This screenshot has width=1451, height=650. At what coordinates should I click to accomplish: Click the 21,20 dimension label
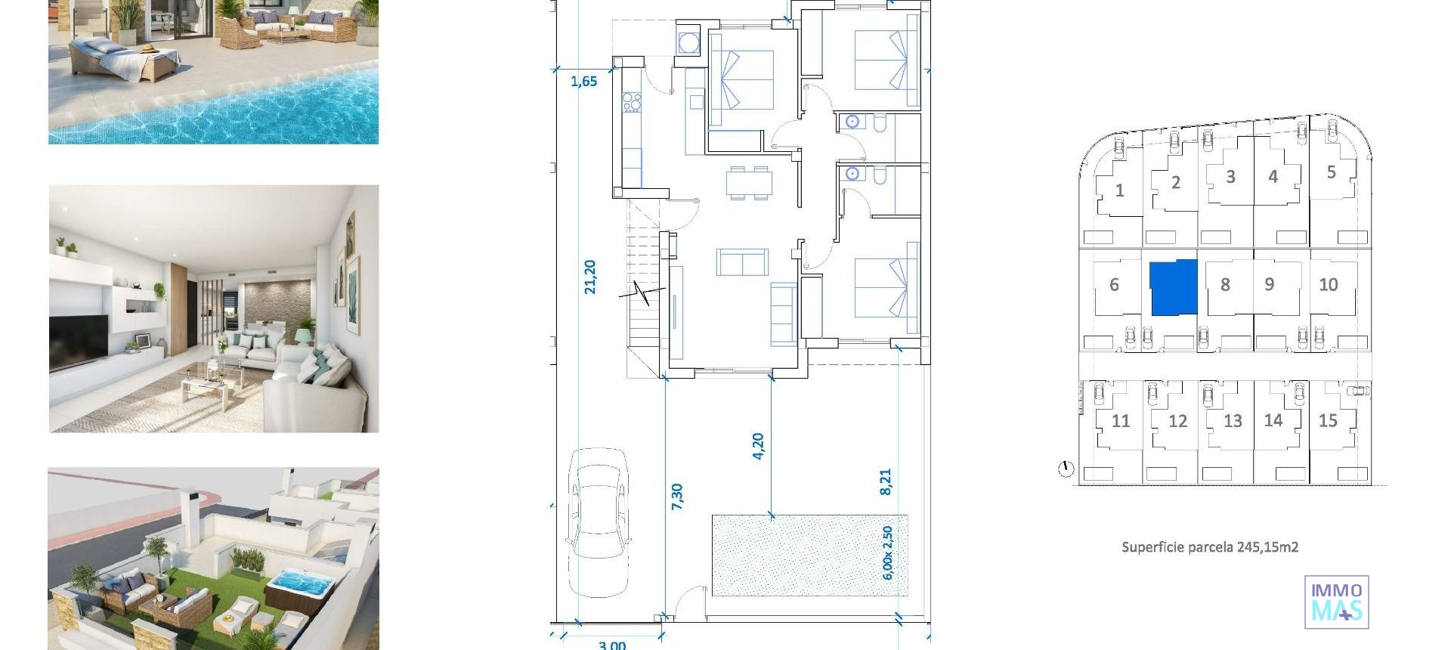click(590, 277)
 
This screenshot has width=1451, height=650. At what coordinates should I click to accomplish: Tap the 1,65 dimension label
click(583, 82)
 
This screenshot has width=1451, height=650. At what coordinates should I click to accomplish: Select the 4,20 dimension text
click(759, 445)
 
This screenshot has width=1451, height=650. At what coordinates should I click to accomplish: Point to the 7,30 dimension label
click(677, 497)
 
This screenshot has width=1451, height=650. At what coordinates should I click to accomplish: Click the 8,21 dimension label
click(886, 481)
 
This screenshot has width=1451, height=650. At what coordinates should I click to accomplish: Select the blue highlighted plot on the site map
click(1174, 287)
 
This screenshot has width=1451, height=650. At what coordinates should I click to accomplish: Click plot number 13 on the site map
click(1233, 421)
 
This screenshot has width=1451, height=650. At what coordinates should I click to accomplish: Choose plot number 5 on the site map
click(1331, 172)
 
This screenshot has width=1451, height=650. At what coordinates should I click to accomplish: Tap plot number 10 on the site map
click(1329, 285)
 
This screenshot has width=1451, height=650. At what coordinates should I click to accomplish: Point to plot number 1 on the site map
click(1119, 190)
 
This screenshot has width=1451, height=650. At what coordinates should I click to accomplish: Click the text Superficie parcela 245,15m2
click(1209, 547)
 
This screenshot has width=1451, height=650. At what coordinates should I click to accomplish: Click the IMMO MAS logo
click(1336, 602)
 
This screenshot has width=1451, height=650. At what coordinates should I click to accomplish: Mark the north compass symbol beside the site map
click(1066, 469)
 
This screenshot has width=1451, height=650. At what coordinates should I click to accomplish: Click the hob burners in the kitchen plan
click(632, 102)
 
